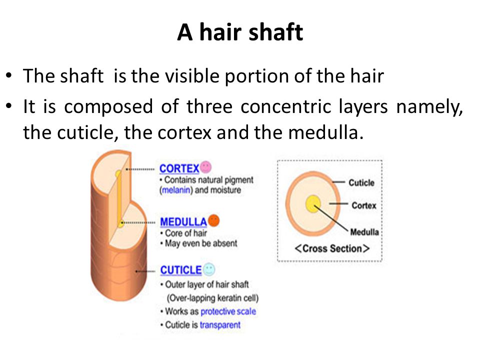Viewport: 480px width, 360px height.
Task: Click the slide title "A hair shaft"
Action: click(x=240, y=32)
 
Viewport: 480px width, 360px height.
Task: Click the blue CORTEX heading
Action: click(x=179, y=168)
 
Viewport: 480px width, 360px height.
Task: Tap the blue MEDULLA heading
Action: click(x=183, y=221)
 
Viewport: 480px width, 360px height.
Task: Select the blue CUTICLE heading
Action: click(x=181, y=270)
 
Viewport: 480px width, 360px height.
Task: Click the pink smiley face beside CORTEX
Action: click(x=205, y=167)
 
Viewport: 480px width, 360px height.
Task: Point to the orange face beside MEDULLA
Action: click(x=213, y=220)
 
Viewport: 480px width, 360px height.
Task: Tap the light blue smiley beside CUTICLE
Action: click(x=209, y=269)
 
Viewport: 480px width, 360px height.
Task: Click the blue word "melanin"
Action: click(x=176, y=190)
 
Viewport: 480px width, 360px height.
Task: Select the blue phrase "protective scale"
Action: click(x=228, y=311)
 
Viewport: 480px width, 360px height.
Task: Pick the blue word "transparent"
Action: click(x=220, y=325)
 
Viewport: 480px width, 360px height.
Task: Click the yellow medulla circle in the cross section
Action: click(x=313, y=204)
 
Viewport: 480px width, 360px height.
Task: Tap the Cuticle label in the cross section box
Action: click(x=361, y=183)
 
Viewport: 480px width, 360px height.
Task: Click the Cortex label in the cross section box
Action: click(x=363, y=205)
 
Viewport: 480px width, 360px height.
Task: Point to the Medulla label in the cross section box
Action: click(x=364, y=232)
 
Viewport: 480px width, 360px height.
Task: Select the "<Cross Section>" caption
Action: click(x=332, y=248)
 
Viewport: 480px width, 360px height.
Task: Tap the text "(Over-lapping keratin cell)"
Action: click(x=213, y=298)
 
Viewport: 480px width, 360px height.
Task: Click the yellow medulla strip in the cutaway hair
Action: click(x=119, y=199)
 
